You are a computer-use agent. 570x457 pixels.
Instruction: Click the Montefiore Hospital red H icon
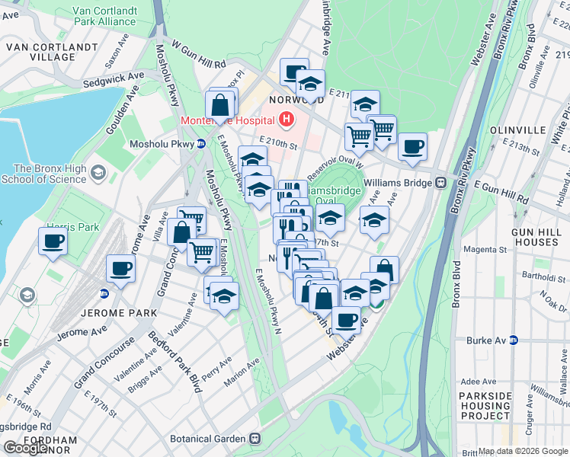(x=286, y=120)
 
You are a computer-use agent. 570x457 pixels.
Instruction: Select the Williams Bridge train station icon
(x=440, y=183)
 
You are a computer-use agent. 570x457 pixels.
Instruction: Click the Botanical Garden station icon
(x=255, y=439)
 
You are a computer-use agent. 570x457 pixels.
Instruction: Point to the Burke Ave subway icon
(x=513, y=340)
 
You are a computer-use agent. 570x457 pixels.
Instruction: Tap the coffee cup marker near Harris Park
(x=53, y=241)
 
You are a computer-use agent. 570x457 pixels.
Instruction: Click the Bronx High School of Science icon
(x=97, y=174)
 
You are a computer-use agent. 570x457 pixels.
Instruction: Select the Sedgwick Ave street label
(x=114, y=76)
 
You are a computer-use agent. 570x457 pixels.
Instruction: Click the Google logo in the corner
(x=27, y=448)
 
